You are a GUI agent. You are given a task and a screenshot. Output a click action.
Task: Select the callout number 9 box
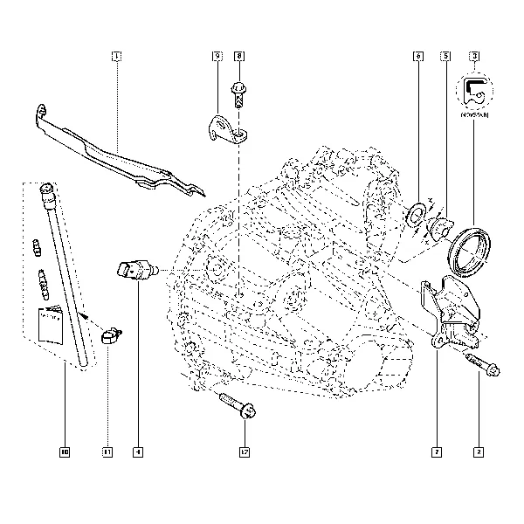point(217,57)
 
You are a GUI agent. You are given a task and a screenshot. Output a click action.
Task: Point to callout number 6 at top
point(418,57)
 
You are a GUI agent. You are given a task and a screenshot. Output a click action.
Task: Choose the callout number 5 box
point(445,57)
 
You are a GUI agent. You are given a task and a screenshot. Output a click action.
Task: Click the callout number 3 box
point(474,57)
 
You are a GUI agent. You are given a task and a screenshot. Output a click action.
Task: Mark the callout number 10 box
point(65,452)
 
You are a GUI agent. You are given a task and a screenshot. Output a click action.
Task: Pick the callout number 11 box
point(107,452)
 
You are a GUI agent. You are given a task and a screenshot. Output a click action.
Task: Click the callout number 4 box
point(138,452)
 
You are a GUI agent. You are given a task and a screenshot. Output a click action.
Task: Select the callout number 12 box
point(245,452)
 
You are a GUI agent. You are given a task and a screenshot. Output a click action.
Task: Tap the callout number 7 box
point(436,452)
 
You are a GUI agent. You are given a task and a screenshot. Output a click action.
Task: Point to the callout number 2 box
point(478,452)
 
